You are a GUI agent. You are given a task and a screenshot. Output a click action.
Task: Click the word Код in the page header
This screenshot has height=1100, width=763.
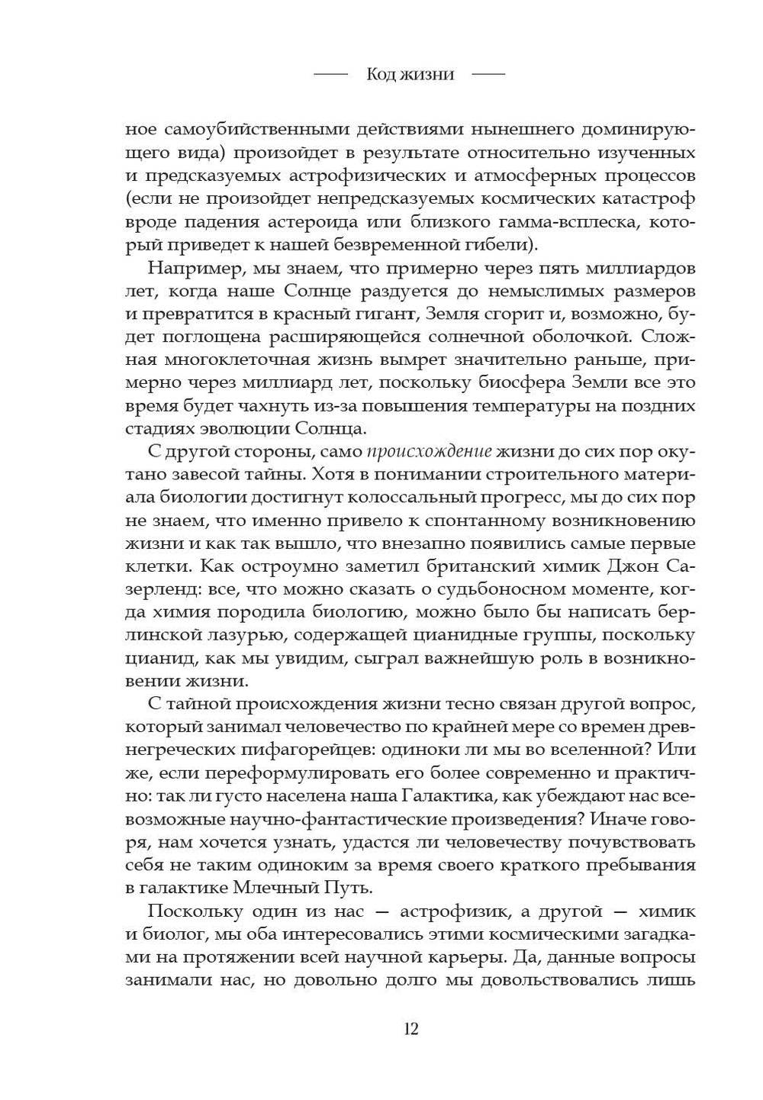pos(381,74)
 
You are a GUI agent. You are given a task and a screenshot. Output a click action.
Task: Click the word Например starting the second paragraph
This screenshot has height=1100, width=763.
pos(195,269)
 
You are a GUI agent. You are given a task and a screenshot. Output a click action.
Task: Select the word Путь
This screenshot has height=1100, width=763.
pos(340,888)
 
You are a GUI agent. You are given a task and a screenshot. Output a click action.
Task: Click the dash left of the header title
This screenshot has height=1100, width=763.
pos(330,74)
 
